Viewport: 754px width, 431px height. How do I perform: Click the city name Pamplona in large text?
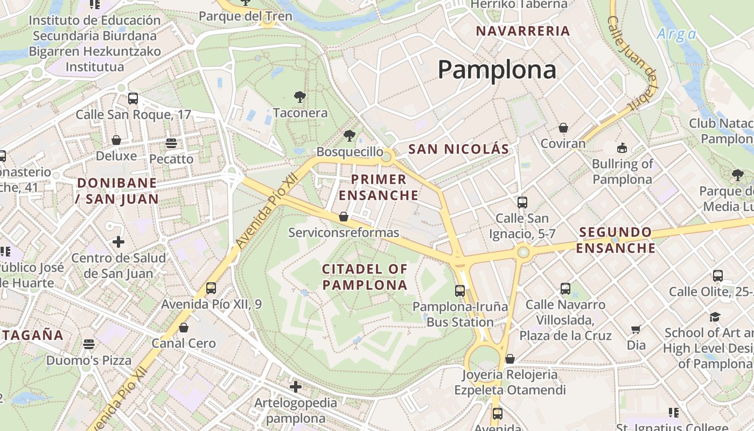tap(497, 70)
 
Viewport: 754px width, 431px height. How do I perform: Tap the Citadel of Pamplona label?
tap(365, 277)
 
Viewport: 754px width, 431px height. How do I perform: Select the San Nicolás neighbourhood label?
tap(459, 149)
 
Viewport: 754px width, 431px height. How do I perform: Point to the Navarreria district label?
tap(523, 31)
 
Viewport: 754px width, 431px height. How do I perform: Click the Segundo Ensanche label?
tap(616, 240)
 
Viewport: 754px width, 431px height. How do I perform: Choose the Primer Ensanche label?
tap(378, 187)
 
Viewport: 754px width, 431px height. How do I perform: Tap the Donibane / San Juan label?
tap(117, 191)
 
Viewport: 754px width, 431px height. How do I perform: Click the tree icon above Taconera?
tap(300, 97)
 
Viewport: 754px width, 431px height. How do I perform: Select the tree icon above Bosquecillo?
tap(350, 135)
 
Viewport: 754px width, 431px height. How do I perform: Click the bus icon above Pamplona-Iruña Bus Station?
tap(460, 291)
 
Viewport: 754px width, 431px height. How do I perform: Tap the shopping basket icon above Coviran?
tap(563, 128)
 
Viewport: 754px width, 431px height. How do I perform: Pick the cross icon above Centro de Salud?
tap(118, 242)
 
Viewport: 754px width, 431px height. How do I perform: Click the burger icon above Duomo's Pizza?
tap(89, 344)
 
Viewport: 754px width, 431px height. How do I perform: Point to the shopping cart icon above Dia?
tap(636, 329)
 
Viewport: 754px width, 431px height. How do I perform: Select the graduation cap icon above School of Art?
tap(715, 317)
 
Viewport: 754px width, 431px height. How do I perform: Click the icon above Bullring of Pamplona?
tap(622, 148)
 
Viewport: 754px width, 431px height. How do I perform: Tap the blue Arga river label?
tap(676, 35)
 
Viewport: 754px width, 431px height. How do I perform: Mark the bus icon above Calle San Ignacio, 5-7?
tap(522, 203)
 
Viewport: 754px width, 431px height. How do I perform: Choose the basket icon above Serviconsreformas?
tap(344, 217)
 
